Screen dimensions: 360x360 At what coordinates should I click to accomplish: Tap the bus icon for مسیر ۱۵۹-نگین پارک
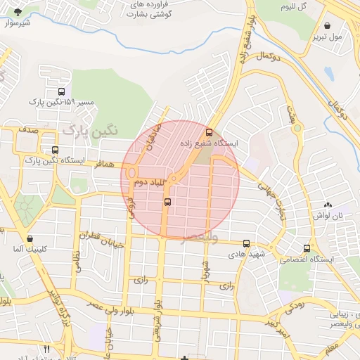61,91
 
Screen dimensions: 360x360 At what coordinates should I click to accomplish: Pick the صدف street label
29,130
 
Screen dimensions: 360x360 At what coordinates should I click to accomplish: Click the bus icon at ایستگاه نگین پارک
56,150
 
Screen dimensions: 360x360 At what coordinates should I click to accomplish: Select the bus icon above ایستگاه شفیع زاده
208,131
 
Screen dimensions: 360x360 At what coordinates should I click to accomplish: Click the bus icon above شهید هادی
245,243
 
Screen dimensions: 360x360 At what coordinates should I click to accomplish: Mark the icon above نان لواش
327,205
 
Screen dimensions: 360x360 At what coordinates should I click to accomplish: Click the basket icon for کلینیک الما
28,238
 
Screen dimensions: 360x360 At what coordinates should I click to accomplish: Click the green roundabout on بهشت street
297,128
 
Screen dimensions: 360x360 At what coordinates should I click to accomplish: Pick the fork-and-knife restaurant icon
47,349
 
